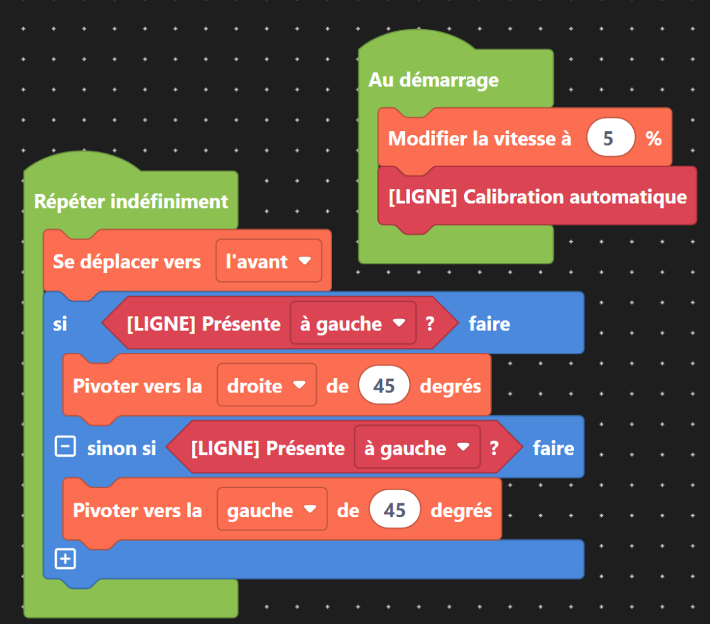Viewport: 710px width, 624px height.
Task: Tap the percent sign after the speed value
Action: (x=653, y=139)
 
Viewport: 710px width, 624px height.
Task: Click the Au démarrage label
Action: (x=433, y=80)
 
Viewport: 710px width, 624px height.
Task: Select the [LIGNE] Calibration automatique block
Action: (x=537, y=197)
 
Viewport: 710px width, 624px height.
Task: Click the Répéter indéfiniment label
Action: (x=131, y=202)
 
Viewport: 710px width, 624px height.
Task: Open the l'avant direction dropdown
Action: (x=269, y=261)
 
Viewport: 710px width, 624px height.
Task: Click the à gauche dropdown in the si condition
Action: (x=352, y=324)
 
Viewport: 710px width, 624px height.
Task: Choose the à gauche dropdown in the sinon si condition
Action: (x=417, y=449)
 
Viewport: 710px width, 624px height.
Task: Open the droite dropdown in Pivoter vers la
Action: (x=266, y=386)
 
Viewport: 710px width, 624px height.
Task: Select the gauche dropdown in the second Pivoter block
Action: (x=272, y=511)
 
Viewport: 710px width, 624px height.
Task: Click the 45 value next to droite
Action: (x=384, y=386)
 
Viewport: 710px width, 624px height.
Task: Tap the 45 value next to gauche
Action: (x=395, y=511)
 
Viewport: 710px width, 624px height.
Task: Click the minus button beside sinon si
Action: (x=64, y=448)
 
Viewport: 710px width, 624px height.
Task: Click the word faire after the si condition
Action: (x=489, y=324)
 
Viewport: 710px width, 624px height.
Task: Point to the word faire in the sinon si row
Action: (x=553, y=449)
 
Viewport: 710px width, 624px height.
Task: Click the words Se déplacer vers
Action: (x=127, y=261)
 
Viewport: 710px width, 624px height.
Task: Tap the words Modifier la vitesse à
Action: (x=480, y=139)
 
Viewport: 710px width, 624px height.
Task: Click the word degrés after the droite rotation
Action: (x=451, y=386)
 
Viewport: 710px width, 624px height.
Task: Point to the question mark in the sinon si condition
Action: (x=494, y=449)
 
